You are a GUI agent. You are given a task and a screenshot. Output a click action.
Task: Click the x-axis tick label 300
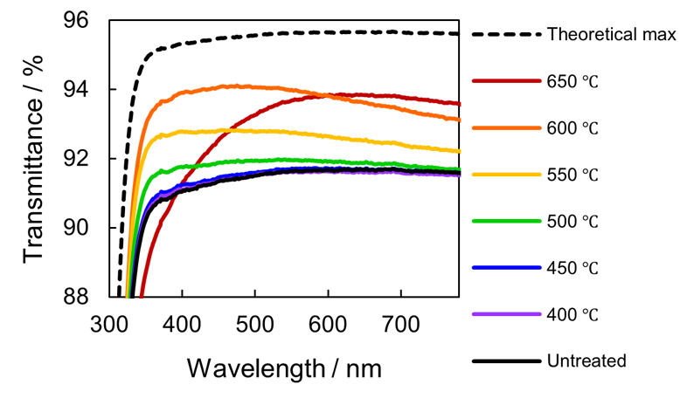coord(109,326)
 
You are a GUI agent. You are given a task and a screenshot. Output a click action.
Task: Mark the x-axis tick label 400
coord(182,326)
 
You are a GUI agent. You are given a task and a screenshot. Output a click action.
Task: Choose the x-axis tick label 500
coord(254,326)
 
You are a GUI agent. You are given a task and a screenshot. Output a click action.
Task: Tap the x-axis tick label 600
coord(327,326)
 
